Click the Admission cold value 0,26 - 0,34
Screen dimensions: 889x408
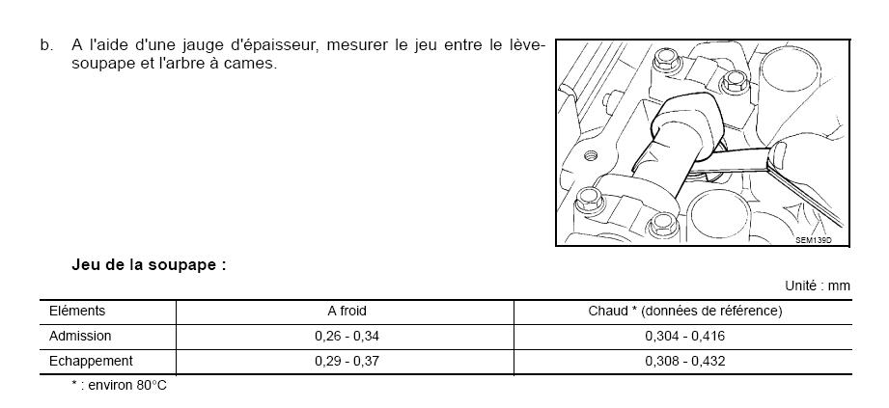(x=347, y=336)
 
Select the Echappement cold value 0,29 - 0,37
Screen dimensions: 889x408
(x=347, y=361)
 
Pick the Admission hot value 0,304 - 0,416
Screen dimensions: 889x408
(x=685, y=336)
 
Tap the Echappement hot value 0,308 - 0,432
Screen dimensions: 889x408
(x=685, y=361)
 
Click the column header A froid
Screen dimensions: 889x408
(x=347, y=312)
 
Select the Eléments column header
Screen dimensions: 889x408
(x=77, y=312)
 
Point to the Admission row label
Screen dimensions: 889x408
(x=80, y=336)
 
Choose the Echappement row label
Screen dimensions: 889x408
(x=91, y=361)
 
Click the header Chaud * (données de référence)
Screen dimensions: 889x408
(x=685, y=312)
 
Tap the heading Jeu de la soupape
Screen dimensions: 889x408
(x=149, y=265)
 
